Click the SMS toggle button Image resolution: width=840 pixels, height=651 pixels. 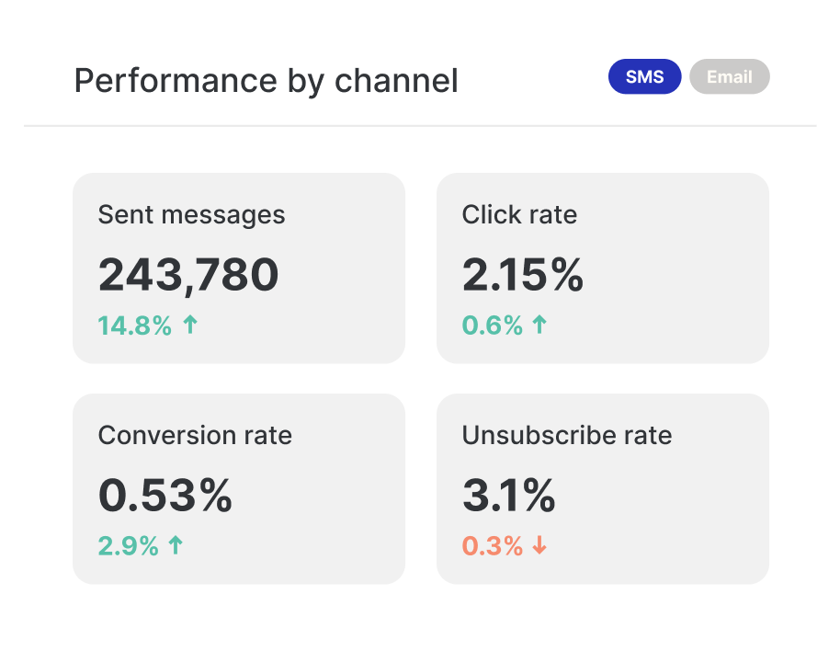pos(644,77)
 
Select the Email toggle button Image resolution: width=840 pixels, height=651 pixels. pos(730,77)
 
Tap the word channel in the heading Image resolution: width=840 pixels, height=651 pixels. pos(396,81)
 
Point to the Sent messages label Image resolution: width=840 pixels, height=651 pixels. pos(191,215)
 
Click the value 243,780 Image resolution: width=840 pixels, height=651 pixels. pos(188,274)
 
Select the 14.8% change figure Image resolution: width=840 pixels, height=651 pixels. pos(134,325)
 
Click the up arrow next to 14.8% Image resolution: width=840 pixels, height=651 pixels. pos(190,325)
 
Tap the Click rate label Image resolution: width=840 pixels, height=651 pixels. pos(519,215)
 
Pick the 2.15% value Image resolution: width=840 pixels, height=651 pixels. pos(522,274)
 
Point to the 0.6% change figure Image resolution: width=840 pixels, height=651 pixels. pos(492,325)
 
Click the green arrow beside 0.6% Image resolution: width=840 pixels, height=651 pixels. pos(539,325)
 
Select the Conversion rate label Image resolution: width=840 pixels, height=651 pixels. pos(195,435)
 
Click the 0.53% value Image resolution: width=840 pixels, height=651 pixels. pos(165,496)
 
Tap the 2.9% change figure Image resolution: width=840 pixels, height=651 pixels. pos(128,546)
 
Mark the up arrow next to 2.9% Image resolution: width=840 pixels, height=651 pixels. pos(176,545)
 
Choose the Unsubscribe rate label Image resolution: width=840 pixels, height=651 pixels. pos(567,435)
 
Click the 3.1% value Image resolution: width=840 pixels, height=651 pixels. pos(508,496)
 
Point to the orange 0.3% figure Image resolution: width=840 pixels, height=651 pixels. pos(492,546)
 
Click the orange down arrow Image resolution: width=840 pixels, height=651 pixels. pos(539,545)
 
